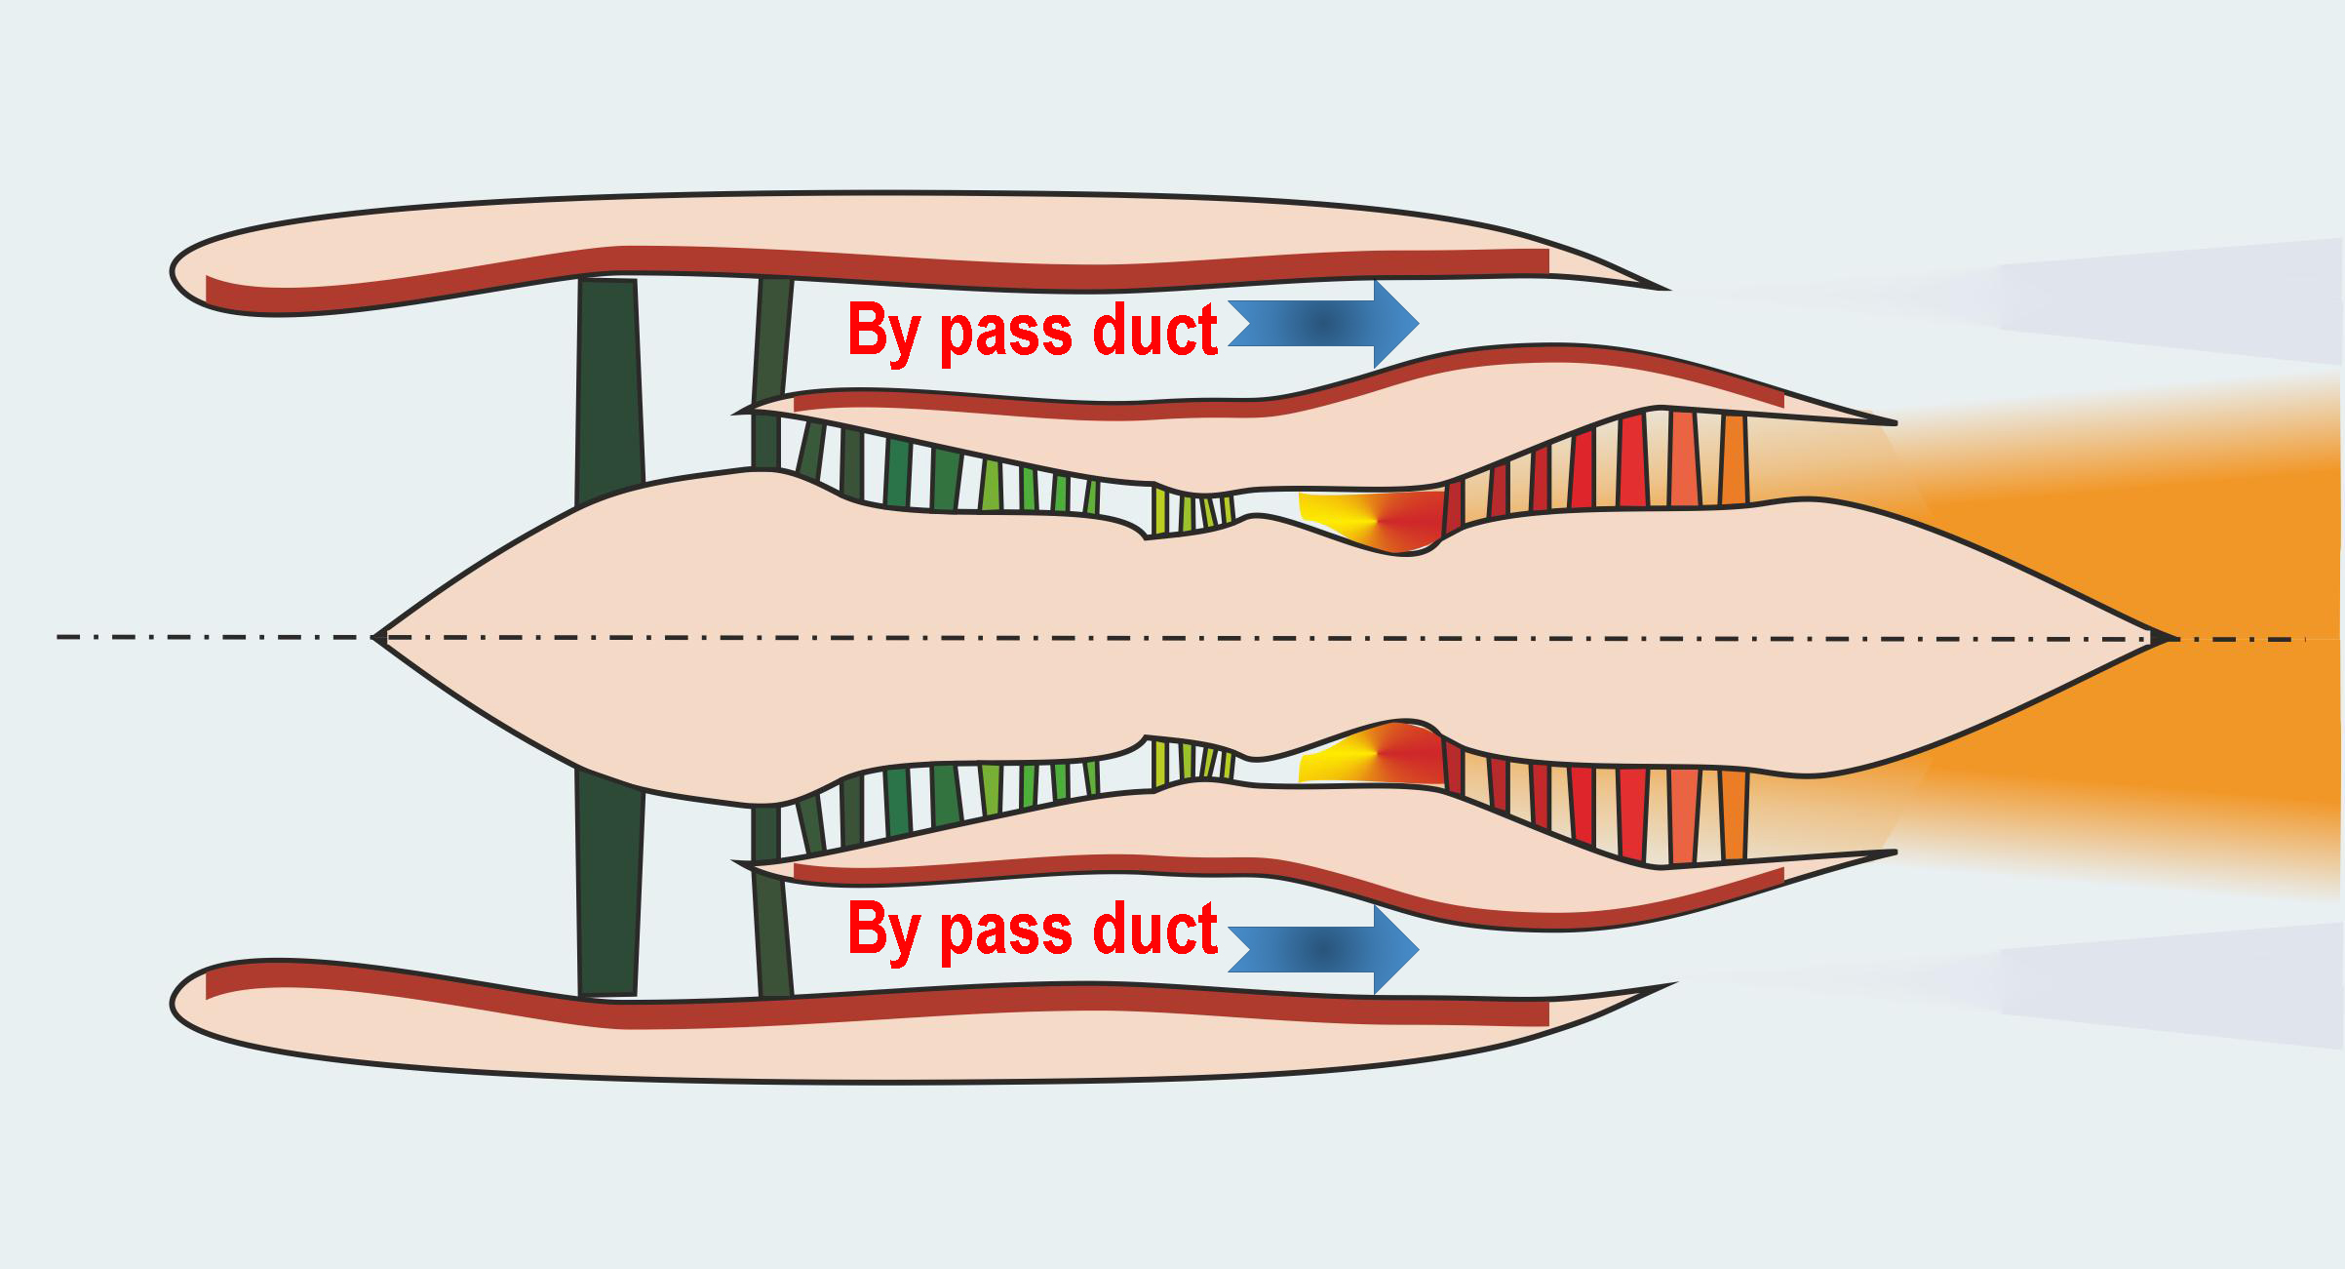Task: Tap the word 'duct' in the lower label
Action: point(1155,929)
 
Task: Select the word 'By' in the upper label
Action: point(883,332)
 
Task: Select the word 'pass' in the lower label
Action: point(1008,932)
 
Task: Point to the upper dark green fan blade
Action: point(609,390)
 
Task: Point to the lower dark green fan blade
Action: point(609,883)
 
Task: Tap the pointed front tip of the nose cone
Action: point(376,637)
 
